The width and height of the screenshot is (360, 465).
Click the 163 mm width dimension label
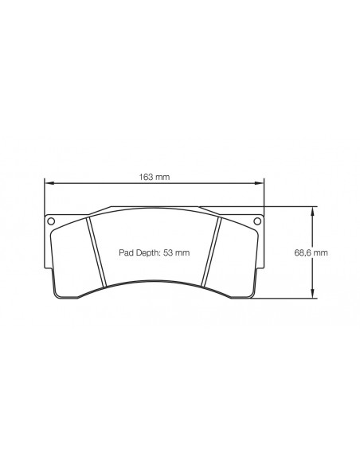pyautogui.click(x=155, y=177)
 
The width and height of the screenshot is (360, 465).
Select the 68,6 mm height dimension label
pyautogui.click(x=311, y=252)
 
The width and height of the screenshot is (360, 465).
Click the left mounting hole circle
pyautogui.click(x=51, y=221)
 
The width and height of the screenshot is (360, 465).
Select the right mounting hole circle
pyautogui.click(x=257, y=221)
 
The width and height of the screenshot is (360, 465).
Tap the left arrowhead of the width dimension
pyautogui.click(x=48, y=184)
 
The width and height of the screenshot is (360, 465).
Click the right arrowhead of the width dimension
pyautogui.click(x=260, y=184)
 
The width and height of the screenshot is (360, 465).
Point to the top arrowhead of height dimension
pyautogui.click(x=312, y=210)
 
